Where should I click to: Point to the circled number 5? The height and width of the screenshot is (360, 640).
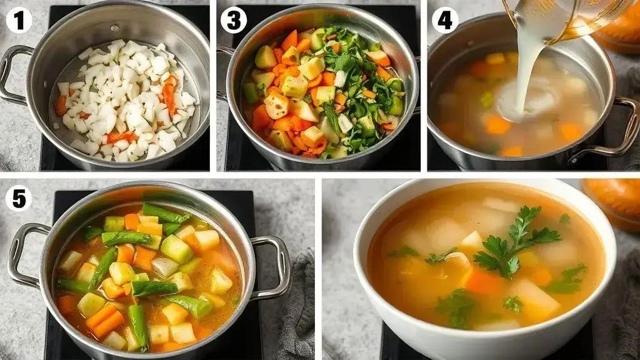point(19,199)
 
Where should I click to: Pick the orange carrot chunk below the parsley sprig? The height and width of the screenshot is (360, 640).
point(484,281)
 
